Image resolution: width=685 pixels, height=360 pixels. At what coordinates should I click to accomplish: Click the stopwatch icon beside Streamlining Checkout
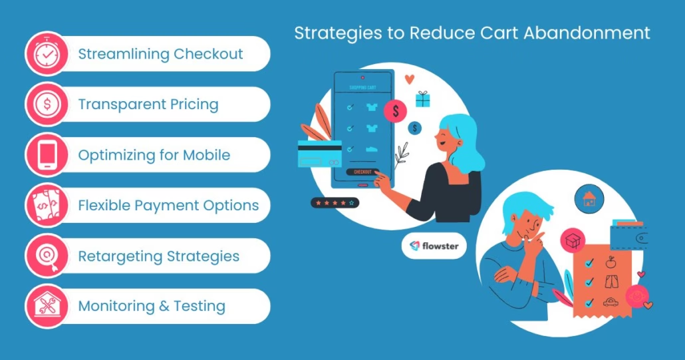[47, 54]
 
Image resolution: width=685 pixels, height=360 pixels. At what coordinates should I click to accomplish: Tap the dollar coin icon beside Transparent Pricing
[47, 104]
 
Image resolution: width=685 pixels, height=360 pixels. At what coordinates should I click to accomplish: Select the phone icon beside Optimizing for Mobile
[47, 154]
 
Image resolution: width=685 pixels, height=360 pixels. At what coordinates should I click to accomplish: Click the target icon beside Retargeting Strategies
[47, 256]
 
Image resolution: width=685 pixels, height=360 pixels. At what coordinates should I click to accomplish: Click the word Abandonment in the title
[587, 33]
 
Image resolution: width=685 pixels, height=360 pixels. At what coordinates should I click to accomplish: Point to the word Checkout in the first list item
[208, 54]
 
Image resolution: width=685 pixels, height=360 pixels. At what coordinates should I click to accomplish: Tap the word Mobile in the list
[206, 154]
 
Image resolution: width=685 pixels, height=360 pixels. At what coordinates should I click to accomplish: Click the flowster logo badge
[434, 246]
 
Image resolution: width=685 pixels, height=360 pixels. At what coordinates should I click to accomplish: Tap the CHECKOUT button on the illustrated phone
[362, 172]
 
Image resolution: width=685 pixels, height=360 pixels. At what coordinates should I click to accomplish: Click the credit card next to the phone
[319, 153]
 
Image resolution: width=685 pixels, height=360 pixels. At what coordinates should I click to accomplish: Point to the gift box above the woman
[422, 99]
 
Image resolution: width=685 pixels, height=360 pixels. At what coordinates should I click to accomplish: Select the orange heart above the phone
[410, 79]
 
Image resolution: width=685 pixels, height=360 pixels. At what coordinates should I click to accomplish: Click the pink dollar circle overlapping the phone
[395, 111]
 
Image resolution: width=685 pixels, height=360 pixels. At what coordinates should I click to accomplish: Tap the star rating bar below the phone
[335, 203]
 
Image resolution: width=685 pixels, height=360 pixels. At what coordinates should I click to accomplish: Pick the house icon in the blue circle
[589, 199]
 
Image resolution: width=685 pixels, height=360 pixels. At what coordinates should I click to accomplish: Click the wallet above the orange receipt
[628, 235]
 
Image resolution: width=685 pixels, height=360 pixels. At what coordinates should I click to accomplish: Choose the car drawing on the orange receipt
[611, 302]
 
